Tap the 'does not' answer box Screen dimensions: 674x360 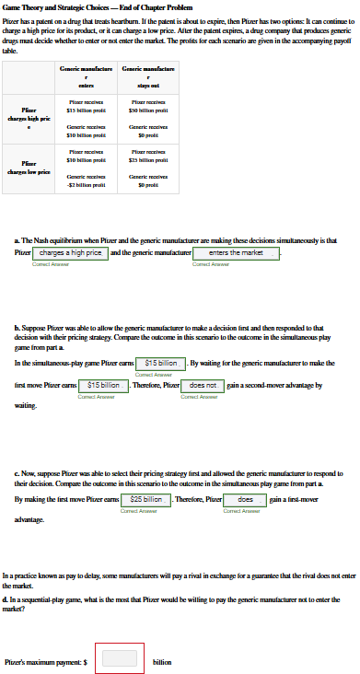tap(203, 385)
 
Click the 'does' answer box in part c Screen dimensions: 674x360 tap(246, 499)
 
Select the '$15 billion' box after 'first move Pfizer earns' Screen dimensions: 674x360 tap(103, 385)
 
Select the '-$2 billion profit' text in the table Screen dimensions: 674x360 tap(85, 183)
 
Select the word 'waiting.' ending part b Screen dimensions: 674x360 tap(26, 404)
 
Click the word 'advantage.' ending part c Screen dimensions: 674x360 tap(30, 518)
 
